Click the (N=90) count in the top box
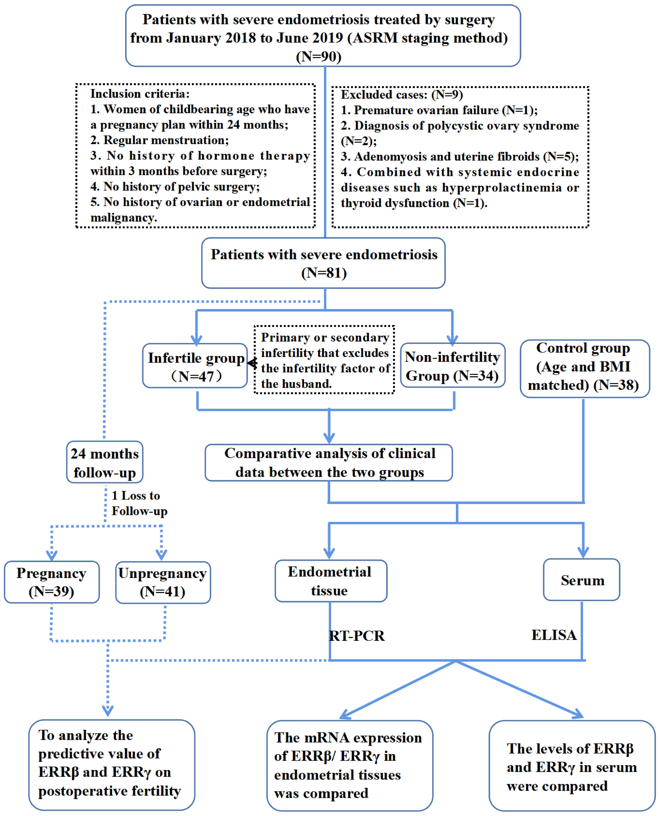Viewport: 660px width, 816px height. click(319, 57)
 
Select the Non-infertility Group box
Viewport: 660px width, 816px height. click(453, 365)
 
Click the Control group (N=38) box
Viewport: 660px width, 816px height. click(585, 368)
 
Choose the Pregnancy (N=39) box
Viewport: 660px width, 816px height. click(52, 582)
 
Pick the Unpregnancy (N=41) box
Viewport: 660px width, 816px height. click(163, 582)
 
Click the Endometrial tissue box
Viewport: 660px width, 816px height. click(331, 581)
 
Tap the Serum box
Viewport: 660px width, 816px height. click(582, 580)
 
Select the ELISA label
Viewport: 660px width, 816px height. click(554, 635)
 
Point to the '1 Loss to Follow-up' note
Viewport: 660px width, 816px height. click(139, 503)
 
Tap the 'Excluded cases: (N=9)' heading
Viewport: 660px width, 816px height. click(401, 95)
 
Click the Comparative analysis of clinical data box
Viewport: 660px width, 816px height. click(329, 463)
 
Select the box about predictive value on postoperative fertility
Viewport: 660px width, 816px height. click(112, 765)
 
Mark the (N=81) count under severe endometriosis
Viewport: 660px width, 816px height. click(324, 273)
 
